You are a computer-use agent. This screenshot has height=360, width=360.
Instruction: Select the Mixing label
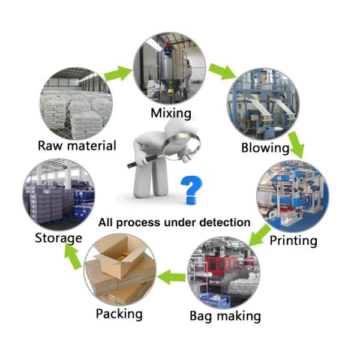[171, 113]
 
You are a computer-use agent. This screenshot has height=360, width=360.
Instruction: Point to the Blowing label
[265, 148]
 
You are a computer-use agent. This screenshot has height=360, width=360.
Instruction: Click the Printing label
[293, 241]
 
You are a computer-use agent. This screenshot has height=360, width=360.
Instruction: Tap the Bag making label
[225, 316]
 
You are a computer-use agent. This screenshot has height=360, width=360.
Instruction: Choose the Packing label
[119, 313]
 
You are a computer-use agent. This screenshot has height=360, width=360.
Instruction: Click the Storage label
[58, 238]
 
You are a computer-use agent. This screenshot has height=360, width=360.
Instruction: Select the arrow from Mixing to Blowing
[222, 71]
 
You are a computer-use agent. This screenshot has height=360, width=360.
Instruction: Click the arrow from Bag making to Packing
[175, 277]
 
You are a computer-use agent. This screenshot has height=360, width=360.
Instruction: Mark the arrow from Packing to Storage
[73, 256]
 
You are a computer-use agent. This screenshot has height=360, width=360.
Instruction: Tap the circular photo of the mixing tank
[169, 68]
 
